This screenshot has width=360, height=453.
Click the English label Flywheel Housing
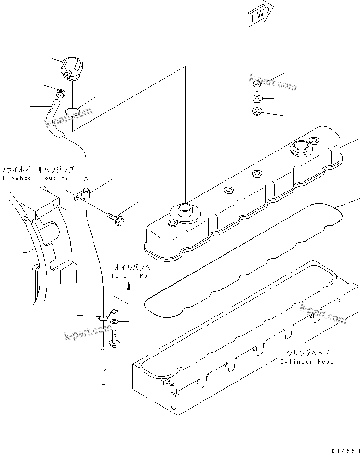pos(36,178)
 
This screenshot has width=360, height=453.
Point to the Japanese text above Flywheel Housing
pos(37,170)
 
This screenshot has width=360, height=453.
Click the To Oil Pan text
pos(131,276)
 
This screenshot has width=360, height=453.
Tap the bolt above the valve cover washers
pos(256,86)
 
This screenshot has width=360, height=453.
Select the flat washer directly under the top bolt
pos(256,100)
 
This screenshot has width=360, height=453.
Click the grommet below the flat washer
pos(256,113)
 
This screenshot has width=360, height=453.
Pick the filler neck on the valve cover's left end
pos(185,210)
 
